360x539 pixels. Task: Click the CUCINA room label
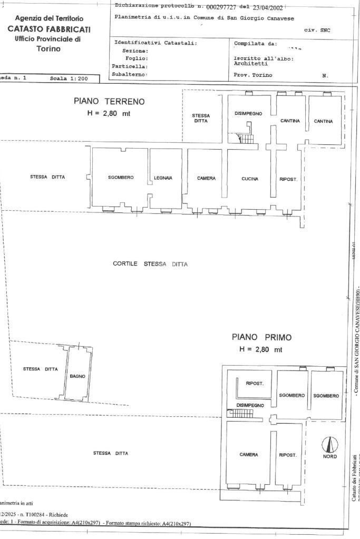(250, 179)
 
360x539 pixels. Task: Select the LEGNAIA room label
(163, 178)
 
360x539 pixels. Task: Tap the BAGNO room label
(77, 376)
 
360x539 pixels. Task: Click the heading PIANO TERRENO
(109, 101)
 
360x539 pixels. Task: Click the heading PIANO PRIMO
(261, 337)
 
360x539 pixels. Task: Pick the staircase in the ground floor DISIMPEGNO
(246, 138)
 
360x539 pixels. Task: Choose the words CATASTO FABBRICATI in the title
(49, 29)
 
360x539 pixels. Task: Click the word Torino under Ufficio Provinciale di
(49, 49)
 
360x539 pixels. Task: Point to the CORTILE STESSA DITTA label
(150, 263)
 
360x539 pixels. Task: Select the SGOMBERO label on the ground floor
(121, 178)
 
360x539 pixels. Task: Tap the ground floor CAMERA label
(206, 178)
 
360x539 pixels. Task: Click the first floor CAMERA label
(248, 455)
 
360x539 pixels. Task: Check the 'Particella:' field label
(129, 67)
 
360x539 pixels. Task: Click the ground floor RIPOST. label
(288, 179)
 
